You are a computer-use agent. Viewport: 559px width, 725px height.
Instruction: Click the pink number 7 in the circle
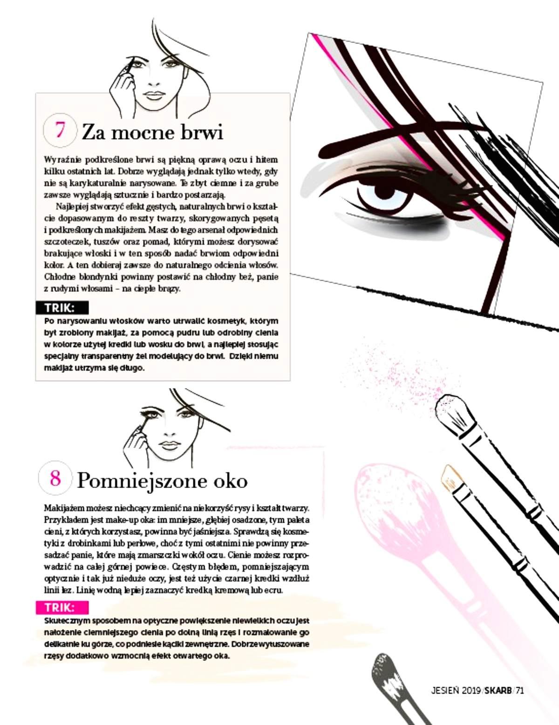pyautogui.click(x=60, y=130)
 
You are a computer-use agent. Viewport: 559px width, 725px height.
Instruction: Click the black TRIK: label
pyautogui.click(x=62, y=308)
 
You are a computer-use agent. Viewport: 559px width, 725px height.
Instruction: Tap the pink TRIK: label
pyautogui.click(x=62, y=608)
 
